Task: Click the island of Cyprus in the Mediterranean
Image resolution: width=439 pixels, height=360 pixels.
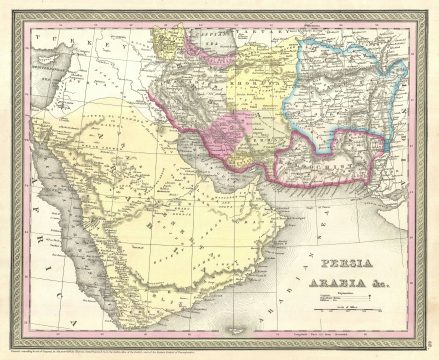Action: click(44, 80)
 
